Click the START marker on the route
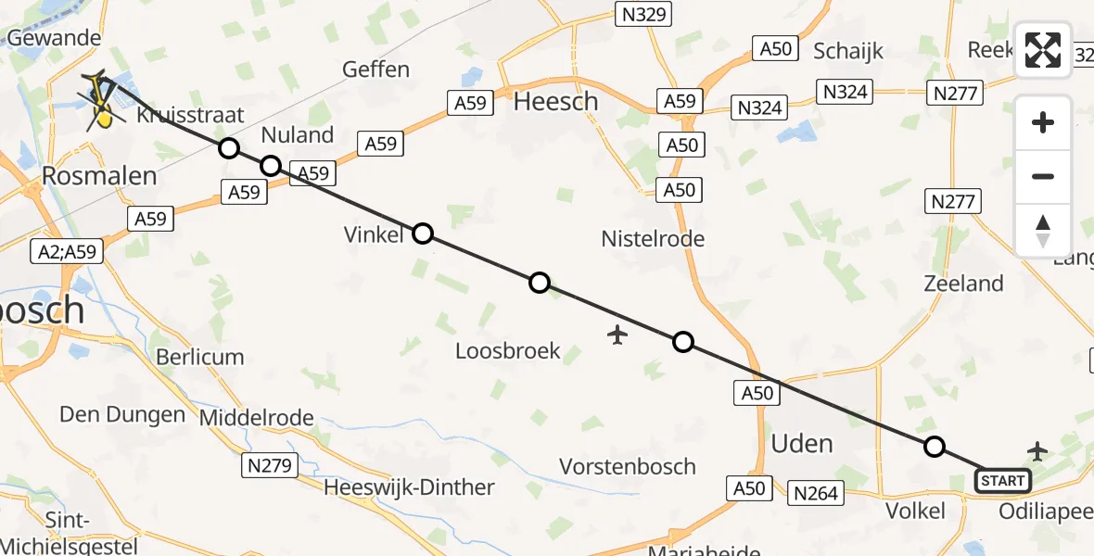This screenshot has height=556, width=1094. (x=1002, y=480)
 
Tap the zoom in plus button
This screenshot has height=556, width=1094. (x=1043, y=122)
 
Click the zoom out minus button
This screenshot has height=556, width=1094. (x=1043, y=176)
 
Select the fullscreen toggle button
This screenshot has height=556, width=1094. (x=1043, y=50)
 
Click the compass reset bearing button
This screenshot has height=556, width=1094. (x=1043, y=230)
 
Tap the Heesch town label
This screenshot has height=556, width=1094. (x=555, y=101)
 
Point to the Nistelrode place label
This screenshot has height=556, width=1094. (x=653, y=239)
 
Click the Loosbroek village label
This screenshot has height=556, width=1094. (x=508, y=350)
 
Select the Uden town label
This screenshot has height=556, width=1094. (x=802, y=444)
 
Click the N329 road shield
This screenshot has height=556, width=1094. (x=642, y=14)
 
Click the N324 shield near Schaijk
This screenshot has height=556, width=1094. (x=758, y=107)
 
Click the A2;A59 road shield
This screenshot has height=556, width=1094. (x=66, y=251)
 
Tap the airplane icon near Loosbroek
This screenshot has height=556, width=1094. (x=617, y=334)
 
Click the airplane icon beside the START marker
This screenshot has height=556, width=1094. (x=1037, y=451)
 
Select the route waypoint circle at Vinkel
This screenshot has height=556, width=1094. (x=422, y=233)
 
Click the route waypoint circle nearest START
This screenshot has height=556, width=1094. (x=935, y=447)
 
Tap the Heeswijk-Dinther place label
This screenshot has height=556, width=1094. (x=409, y=486)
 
